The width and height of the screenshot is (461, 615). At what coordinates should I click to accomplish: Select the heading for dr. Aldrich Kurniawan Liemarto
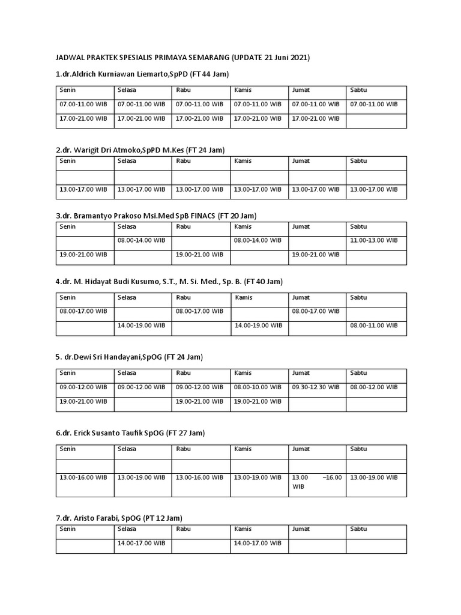(143, 74)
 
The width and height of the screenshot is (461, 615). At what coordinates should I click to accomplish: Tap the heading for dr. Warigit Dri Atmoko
(140, 150)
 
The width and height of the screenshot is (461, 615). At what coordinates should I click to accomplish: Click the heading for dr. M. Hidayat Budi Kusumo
(169, 281)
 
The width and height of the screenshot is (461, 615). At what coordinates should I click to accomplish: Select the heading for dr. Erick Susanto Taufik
(131, 432)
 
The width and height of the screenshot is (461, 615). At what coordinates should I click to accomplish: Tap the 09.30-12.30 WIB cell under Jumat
(316, 387)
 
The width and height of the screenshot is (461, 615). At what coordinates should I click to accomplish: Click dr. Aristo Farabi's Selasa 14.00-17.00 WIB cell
(142, 543)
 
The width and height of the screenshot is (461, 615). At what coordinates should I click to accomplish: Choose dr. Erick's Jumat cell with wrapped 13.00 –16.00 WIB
(317, 482)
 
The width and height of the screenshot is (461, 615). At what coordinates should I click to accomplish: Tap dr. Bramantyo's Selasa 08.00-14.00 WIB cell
(142, 240)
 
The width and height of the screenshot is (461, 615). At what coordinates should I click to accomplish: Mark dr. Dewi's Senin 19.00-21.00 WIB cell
(83, 401)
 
